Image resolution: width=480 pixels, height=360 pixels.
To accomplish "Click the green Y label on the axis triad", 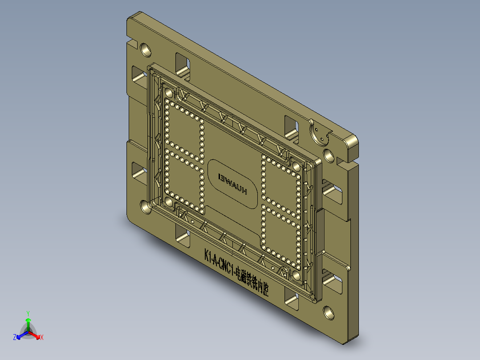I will (28, 313).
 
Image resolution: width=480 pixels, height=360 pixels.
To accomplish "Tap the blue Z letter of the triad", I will (15, 338).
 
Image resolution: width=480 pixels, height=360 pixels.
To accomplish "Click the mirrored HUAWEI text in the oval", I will (232, 184).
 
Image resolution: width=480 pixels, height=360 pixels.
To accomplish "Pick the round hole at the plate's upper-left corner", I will (146, 48).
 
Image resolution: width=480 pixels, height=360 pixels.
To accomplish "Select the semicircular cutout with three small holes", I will (319, 133).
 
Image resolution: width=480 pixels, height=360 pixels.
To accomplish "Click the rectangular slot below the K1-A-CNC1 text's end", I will (291, 301).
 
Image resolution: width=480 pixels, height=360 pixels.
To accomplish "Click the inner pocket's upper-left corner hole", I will (169, 93).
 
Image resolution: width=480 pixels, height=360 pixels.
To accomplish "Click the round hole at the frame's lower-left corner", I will (145, 206).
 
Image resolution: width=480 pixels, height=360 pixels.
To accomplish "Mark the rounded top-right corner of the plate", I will (352, 143).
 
